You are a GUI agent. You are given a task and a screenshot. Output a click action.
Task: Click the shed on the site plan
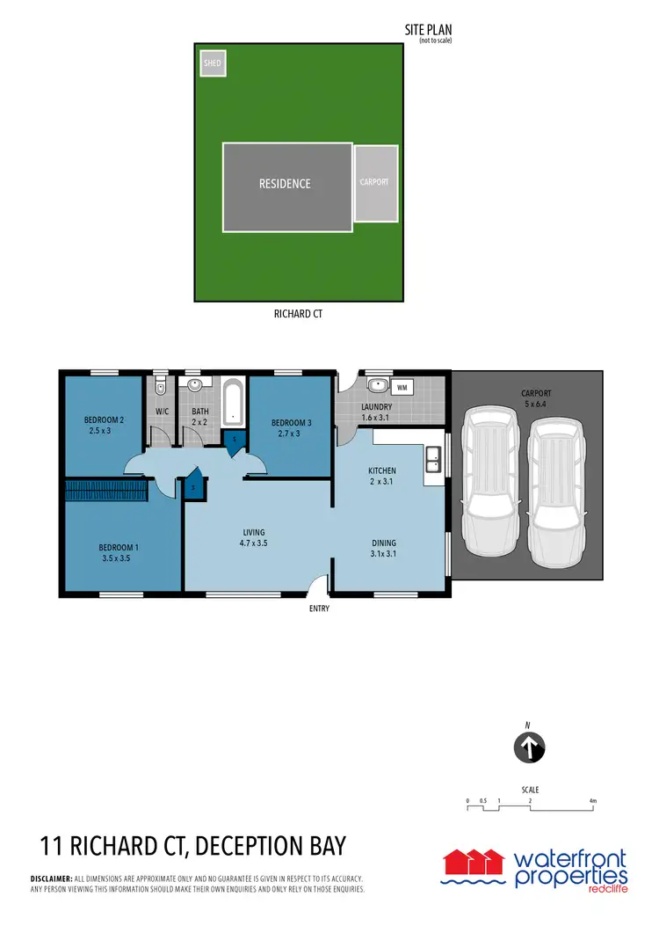coord(213,63)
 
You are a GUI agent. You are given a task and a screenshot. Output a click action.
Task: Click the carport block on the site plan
coord(374,183)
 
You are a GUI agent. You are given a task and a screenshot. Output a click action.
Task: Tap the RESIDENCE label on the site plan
coord(285,184)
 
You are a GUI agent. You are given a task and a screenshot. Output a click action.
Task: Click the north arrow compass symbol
coord(529,748)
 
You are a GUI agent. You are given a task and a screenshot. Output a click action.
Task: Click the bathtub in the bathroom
coord(233,402)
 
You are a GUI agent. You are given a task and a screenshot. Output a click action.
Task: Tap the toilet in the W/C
coord(159,387)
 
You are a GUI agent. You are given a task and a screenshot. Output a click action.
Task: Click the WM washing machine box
coord(403,386)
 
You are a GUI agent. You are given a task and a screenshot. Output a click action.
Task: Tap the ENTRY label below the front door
coord(319,608)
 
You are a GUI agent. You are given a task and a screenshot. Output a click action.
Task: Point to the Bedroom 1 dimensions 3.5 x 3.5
coord(114,558)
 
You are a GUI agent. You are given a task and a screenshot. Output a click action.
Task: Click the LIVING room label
coord(254,533)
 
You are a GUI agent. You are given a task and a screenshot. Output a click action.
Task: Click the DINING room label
coord(383,543)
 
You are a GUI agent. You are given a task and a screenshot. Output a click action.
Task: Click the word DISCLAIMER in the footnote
coord(51,878)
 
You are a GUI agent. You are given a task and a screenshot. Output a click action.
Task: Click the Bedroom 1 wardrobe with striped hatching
coord(105,491)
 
